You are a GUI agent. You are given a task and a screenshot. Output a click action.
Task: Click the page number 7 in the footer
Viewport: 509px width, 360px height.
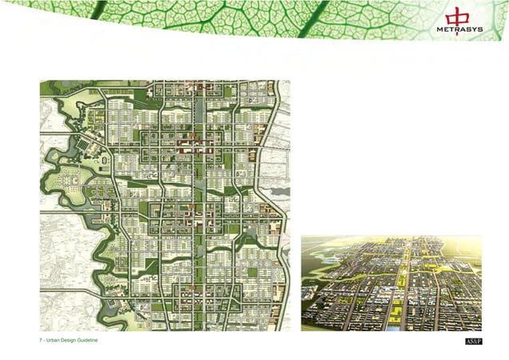click(x=41, y=342)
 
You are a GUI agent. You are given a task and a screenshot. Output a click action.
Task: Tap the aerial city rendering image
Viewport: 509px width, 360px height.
click(x=391, y=283)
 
